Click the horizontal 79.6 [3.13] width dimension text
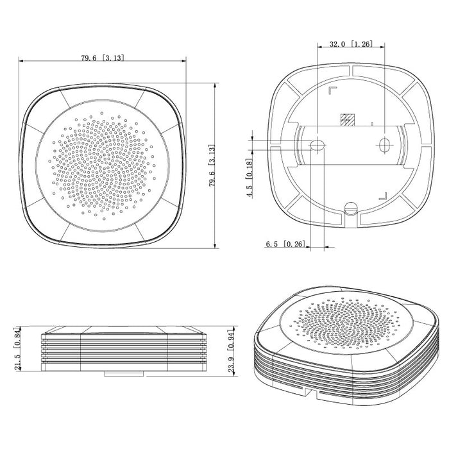point(103,58)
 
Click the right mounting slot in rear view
point(384,144)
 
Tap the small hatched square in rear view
point(347,119)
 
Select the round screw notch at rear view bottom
point(350,208)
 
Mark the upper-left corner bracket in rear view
point(332,90)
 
